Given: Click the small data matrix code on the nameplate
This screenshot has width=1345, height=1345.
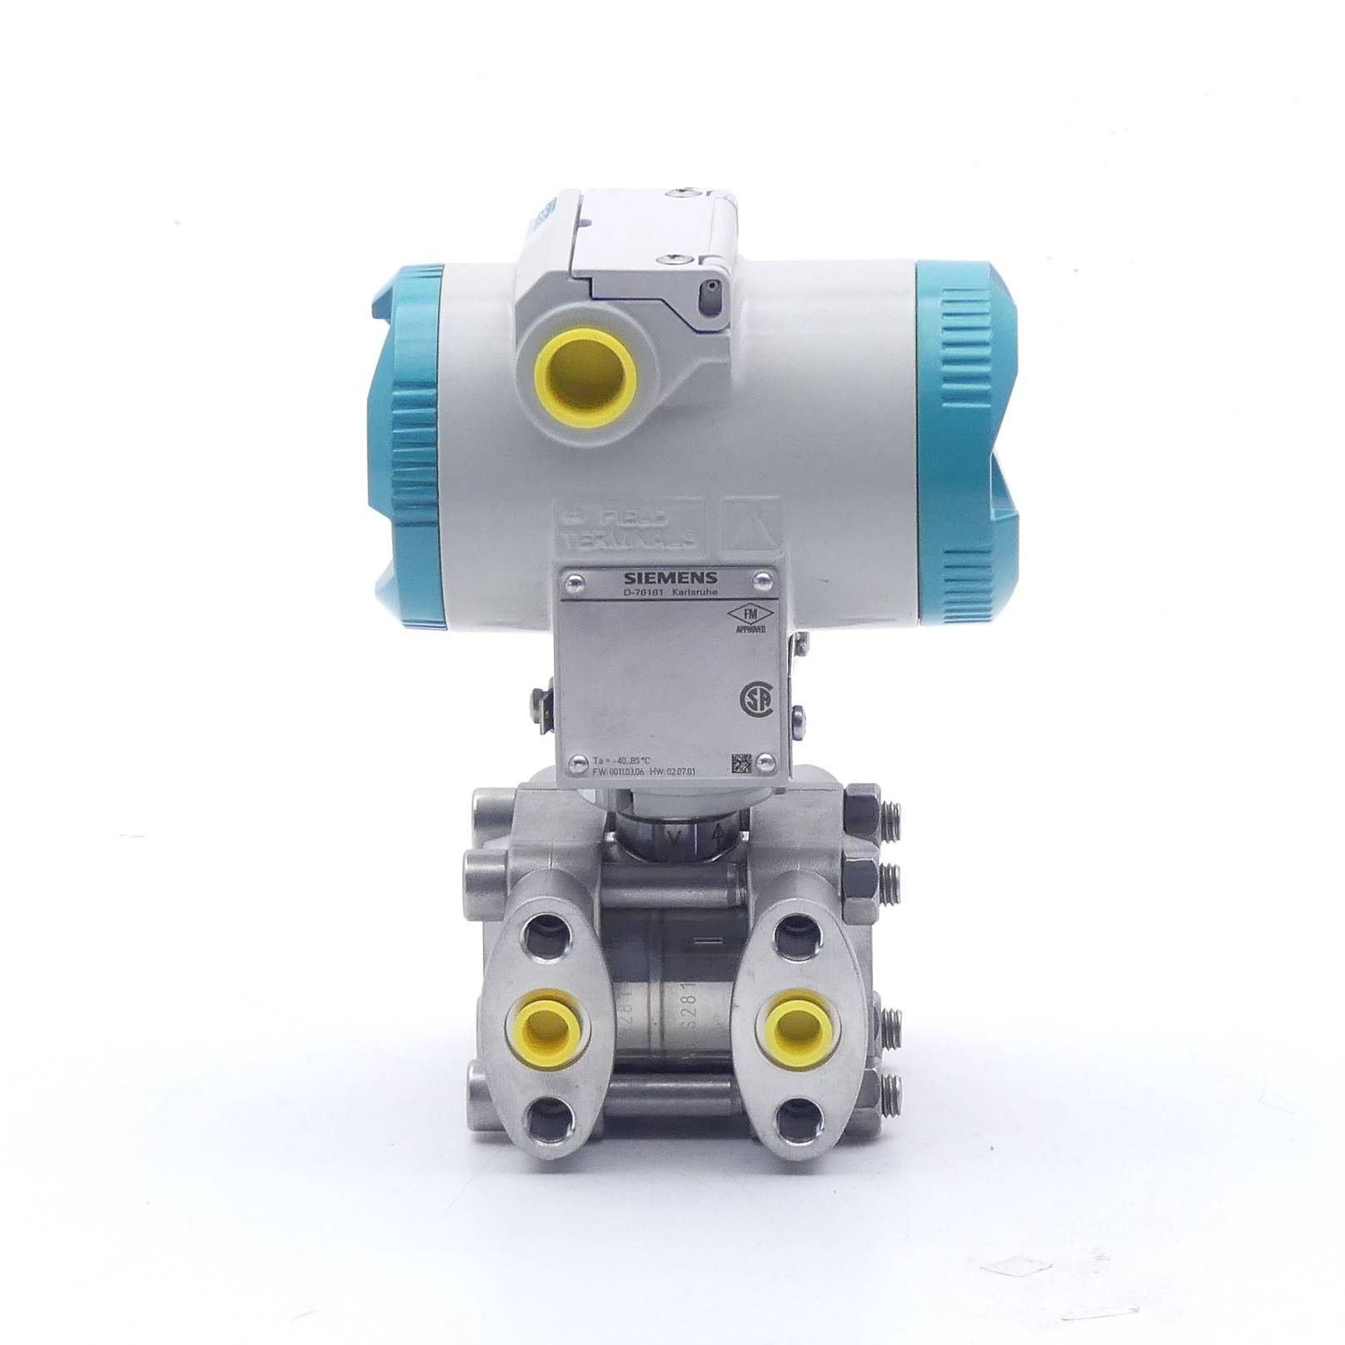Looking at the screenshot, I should point(741,762).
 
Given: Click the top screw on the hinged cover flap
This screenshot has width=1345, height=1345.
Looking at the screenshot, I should point(684,192).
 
